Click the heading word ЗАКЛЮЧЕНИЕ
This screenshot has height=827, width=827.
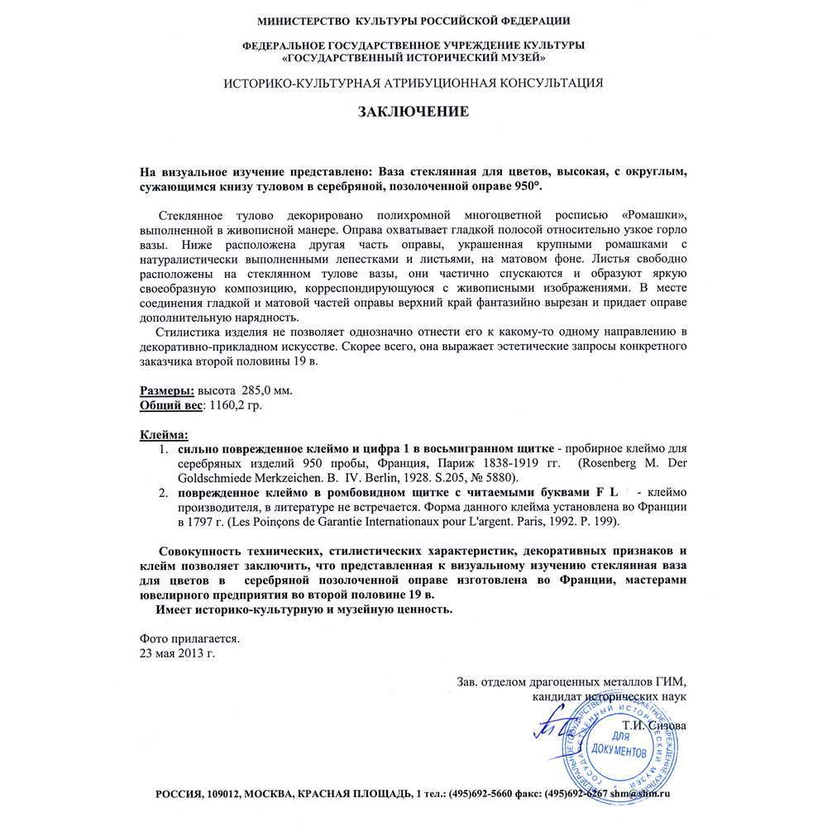click(x=413, y=112)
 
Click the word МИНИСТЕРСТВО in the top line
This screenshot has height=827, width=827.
click(x=304, y=20)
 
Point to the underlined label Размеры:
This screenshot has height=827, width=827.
click(x=166, y=390)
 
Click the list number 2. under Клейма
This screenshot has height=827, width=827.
click(x=163, y=493)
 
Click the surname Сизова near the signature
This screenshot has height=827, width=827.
click(x=667, y=725)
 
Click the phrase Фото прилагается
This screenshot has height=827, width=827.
click(x=189, y=638)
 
